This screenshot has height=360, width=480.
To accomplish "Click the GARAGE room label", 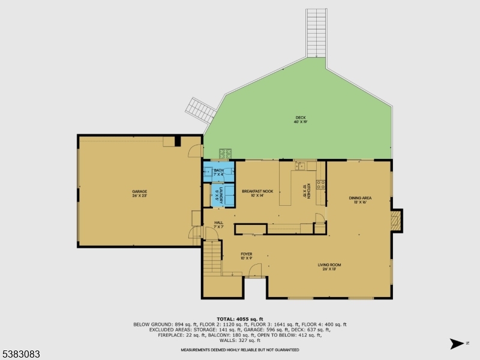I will click(x=139, y=194).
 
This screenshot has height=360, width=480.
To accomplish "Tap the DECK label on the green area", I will click(x=301, y=119).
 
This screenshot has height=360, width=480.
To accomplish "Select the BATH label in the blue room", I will click(x=218, y=172).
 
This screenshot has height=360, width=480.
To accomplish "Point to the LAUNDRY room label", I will click(x=220, y=197).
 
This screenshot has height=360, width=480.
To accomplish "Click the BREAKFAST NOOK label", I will click(x=257, y=193).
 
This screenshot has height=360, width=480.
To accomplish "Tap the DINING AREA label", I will click(x=361, y=200).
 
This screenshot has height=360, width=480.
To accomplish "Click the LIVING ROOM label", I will click(x=329, y=266).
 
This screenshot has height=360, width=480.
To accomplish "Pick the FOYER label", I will click(x=247, y=256).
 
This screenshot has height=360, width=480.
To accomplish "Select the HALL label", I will click(x=218, y=224).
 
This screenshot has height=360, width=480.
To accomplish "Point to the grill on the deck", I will click(x=226, y=154).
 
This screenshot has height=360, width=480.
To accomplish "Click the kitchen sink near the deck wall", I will click(x=301, y=166).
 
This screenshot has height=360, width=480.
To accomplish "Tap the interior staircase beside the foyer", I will click(x=212, y=258).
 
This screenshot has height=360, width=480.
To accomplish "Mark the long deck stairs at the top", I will click(x=316, y=33).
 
